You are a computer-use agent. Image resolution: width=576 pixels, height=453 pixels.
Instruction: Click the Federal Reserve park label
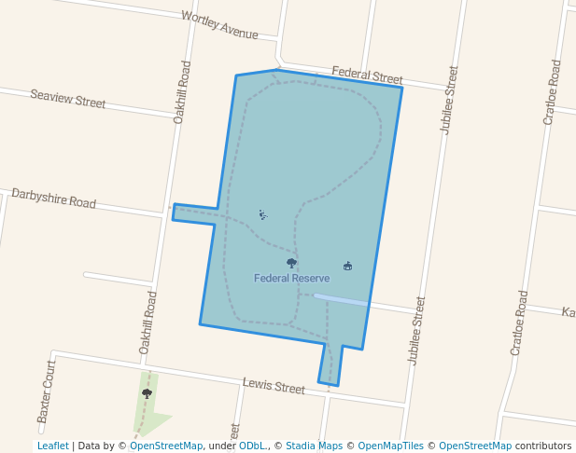(x=291, y=278)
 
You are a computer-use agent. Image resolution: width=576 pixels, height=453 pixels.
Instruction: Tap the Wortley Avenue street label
(x=219, y=25)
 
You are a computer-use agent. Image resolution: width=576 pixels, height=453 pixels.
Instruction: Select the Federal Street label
(x=367, y=75)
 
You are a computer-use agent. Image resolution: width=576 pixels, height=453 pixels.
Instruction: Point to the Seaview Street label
(x=68, y=98)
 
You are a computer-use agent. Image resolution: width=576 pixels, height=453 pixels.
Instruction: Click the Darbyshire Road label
(x=53, y=198)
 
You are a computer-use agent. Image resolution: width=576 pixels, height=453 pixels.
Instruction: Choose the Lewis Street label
(x=274, y=386)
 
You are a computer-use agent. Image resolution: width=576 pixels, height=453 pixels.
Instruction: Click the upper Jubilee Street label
(x=449, y=100)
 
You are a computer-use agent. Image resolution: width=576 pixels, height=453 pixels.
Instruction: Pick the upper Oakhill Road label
(x=182, y=92)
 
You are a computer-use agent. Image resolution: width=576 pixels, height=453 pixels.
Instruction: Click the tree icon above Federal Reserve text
(x=291, y=263)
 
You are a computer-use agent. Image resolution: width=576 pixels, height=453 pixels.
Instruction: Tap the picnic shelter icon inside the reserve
(x=348, y=266)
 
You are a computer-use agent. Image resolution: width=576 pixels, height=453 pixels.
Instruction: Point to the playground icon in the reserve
(x=263, y=215)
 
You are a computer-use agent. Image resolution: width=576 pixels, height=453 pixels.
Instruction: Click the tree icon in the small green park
(x=147, y=393)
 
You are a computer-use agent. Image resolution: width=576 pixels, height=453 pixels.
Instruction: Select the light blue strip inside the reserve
(x=341, y=299)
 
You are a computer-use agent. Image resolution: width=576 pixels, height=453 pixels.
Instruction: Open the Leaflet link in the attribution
(x=53, y=446)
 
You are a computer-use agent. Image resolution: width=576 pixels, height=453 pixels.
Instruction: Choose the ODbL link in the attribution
(x=252, y=446)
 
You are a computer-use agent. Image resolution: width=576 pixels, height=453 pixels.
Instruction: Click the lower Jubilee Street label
(x=415, y=330)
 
